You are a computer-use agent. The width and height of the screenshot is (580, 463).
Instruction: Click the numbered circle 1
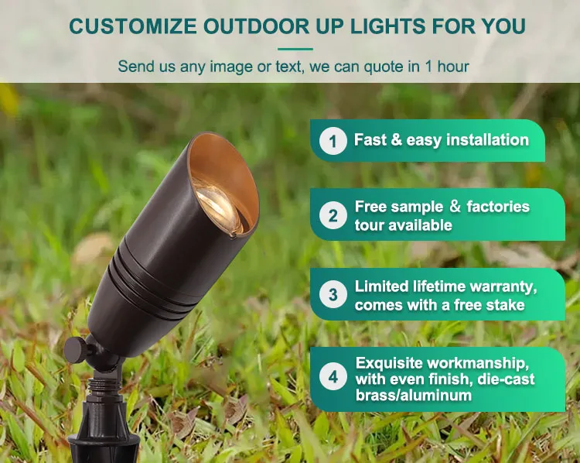333,141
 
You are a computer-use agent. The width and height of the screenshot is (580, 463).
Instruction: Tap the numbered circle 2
333,215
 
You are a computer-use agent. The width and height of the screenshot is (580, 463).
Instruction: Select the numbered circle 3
333,295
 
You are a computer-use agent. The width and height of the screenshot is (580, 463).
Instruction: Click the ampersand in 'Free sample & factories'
455,207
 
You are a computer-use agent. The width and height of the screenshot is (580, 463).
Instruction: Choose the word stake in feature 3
508,304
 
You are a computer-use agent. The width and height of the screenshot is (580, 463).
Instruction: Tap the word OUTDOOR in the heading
252,26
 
